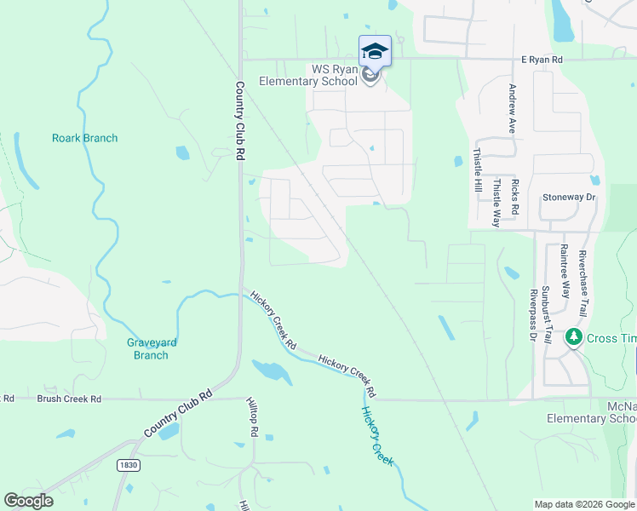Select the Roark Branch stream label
[x=84, y=138]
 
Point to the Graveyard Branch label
[x=152, y=349]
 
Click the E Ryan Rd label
[x=542, y=60]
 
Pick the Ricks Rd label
[x=515, y=197]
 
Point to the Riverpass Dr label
[x=532, y=314]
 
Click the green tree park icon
[x=574, y=338]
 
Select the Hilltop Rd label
[x=252, y=417]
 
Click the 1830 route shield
[x=127, y=465]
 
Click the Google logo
[x=29, y=501]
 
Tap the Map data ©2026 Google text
[x=584, y=504]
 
